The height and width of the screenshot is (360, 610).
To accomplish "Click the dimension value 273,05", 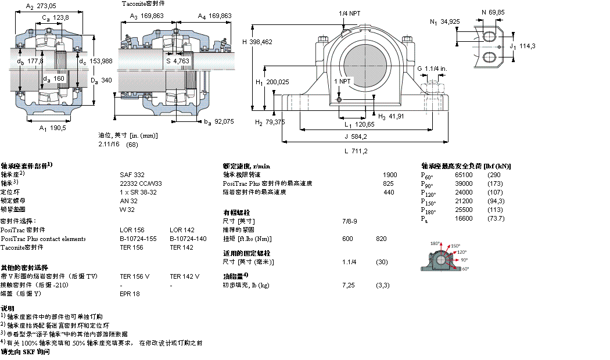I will [47, 6].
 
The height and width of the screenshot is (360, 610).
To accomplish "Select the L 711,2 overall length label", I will [356, 151].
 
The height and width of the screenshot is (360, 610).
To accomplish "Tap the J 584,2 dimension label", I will [356, 137].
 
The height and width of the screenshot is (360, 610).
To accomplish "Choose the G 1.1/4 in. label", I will [432, 69].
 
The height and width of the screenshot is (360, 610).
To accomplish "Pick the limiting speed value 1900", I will [390, 174].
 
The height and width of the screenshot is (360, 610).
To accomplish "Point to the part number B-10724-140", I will [188, 239].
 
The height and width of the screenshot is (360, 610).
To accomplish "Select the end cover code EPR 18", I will [130, 294].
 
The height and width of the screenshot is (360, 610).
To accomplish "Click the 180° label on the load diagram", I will [435, 243].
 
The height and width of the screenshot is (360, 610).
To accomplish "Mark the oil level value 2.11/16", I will [109, 145].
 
